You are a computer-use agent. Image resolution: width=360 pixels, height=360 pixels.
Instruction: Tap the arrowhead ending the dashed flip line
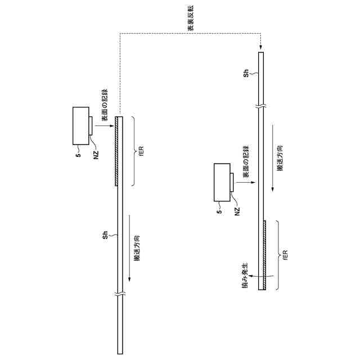pos(260,49)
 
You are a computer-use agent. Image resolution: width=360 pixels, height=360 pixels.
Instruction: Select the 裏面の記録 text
pos(245,162)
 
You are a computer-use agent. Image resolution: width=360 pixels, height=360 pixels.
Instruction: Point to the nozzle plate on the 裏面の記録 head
pos(231,182)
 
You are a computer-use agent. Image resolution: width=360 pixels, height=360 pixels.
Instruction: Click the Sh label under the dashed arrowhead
pos(246,73)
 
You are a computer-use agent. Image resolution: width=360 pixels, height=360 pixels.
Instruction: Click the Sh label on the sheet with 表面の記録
pos(105,235)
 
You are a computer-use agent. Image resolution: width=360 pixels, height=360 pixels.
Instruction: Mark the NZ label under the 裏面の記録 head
pos(236,211)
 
